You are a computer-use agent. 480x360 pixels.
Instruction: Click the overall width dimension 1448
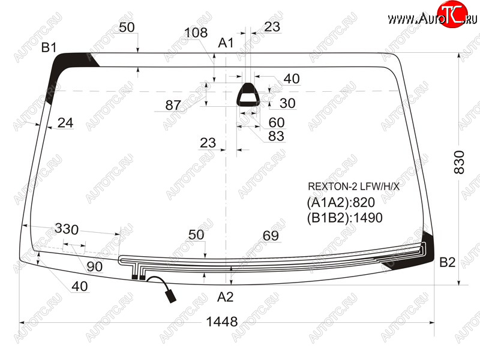coord(222,322)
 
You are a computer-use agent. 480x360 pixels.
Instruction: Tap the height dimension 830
coord(459,162)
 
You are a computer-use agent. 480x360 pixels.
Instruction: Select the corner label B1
coord(49,47)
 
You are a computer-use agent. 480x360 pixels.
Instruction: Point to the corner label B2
coord(447,262)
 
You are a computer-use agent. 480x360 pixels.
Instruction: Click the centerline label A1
coord(226,43)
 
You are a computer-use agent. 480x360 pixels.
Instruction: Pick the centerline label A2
coord(226,297)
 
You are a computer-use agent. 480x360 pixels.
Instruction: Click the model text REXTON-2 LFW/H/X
coord(353,187)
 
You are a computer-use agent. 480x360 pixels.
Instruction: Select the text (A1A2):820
coord(341,202)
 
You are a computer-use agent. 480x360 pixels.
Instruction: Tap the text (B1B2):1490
coord(344,218)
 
